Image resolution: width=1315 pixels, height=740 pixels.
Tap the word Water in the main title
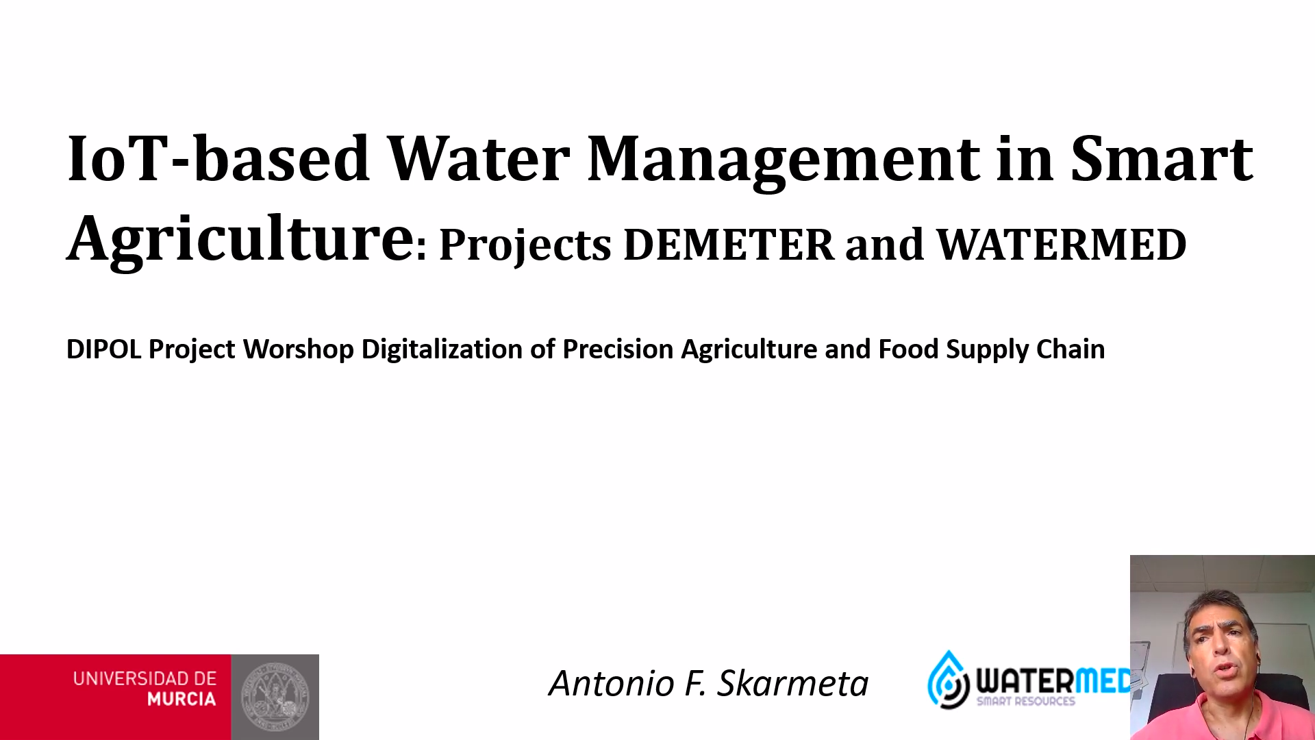(x=478, y=158)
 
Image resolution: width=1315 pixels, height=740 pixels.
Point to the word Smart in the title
(x=1162, y=158)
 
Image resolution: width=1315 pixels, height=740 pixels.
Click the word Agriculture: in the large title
(x=247, y=240)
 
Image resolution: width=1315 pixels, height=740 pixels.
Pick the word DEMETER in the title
(x=729, y=245)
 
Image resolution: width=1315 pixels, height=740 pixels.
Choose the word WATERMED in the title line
(x=1061, y=245)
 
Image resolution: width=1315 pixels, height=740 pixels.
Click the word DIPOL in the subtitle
(x=103, y=349)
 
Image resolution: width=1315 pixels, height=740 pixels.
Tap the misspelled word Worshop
(x=299, y=350)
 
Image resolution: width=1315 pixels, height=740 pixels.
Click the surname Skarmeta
(x=793, y=683)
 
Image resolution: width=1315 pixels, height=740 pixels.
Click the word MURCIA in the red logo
(x=181, y=700)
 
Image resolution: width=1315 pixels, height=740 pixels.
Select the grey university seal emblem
(x=275, y=697)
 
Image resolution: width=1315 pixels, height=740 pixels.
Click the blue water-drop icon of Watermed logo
(x=949, y=679)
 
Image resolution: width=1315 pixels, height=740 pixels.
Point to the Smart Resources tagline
(x=1026, y=702)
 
